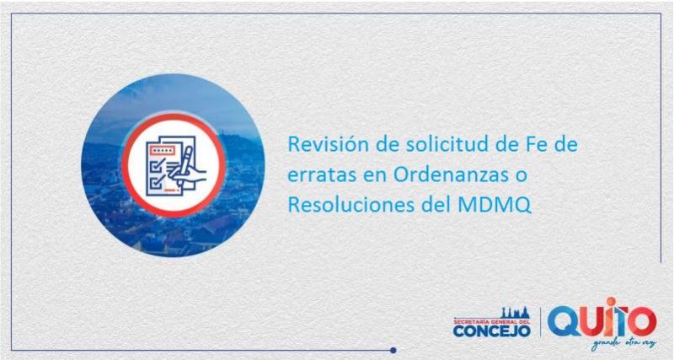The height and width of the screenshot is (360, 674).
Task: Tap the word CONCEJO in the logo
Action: click(491, 330)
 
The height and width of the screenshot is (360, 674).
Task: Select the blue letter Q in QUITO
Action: click(564, 321)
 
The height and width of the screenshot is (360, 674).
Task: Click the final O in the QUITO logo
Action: click(641, 322)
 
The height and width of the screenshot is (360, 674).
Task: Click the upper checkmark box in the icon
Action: click(153, 162)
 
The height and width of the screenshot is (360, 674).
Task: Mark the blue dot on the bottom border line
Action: click(393, 349)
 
